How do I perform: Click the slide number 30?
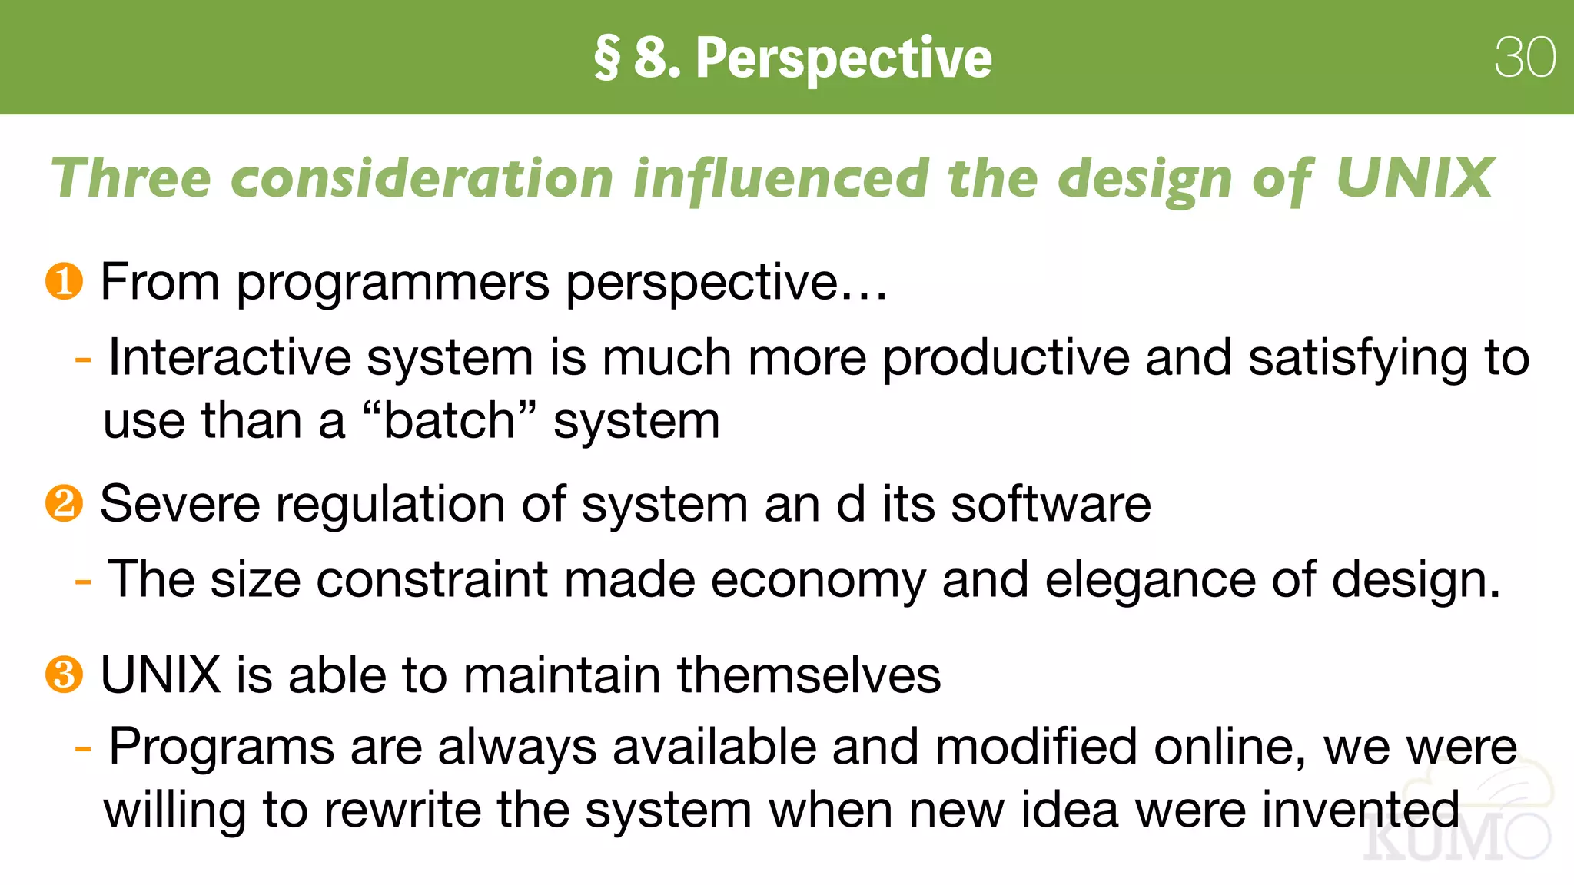point(1525,58)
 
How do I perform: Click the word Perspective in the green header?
point(843,58)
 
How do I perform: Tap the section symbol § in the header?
point(606,58)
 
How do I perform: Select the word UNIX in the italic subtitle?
point(1414,178)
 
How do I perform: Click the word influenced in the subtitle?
point(781,178)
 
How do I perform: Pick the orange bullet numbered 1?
point(64,281)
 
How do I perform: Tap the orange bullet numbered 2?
point(64,504)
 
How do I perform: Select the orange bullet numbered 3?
point(64,675)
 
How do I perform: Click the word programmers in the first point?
point(392,283)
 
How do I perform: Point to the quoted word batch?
point(449,421)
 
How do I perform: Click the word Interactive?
point(229,358)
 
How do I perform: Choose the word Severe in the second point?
point(180,505)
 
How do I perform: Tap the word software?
point(1051,505)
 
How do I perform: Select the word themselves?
point(809,675)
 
